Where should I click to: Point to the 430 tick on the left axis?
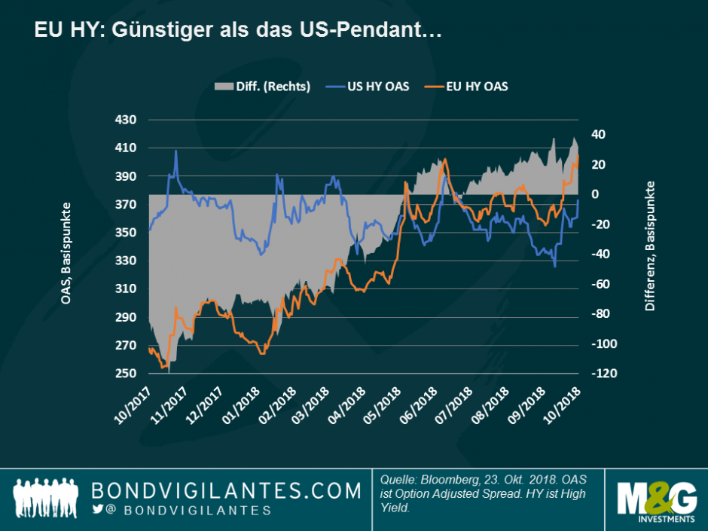point(125,120)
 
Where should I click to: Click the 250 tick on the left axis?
point(125,374)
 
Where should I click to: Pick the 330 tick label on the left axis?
point(125,261)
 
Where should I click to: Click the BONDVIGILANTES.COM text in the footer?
point(226,490)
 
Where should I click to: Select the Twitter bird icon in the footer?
point(97,510)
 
